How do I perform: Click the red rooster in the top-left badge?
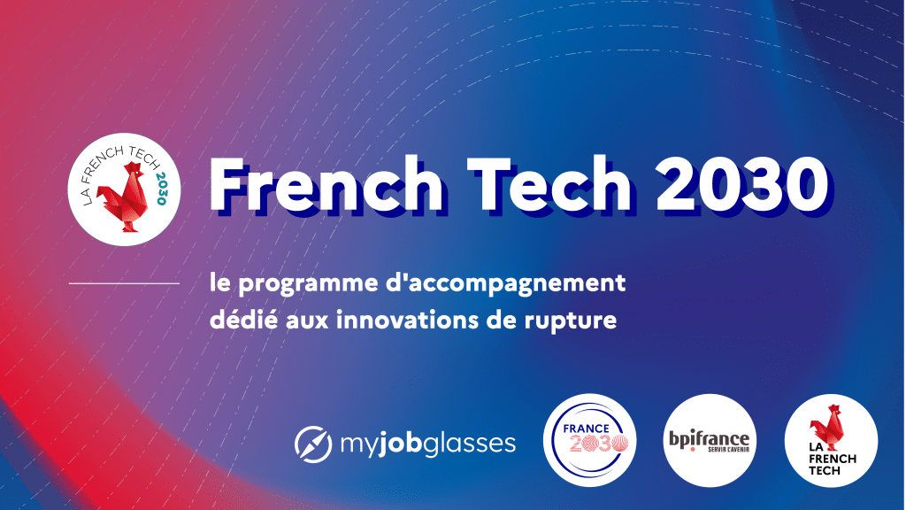(x=122, y=197)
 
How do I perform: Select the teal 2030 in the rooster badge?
(x=161, y=188)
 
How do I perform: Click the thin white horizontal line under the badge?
(x=124, y=283)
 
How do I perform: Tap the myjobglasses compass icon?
(x=313, y=444)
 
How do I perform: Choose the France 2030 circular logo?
(x=590, y=440)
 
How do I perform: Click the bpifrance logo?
(x=710, y=441)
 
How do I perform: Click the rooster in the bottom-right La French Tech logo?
(x=827, y=428)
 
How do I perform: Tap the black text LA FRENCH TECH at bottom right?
(x=831, y=459)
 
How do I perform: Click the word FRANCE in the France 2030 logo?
(x=586, y=429)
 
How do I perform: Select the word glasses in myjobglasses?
(x=470, y=444)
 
